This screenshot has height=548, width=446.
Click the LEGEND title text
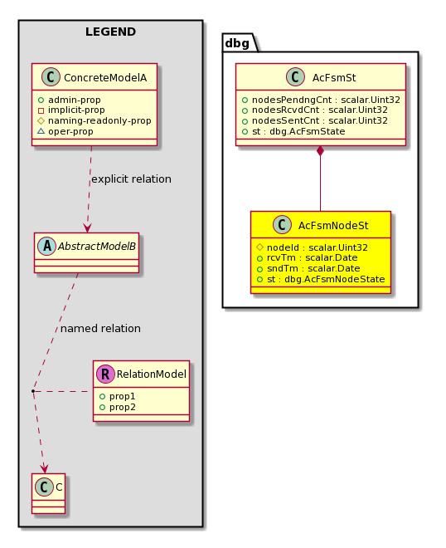[x=110, y=32]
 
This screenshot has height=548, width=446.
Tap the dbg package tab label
[x=237, y=43]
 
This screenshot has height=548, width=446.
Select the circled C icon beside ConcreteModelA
[x=51, y=77]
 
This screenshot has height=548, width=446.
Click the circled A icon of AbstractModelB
[x=46, y=246]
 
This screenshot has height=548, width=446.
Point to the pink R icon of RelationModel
[x=105, y=374]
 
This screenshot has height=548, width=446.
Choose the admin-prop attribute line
[x=70, y=100]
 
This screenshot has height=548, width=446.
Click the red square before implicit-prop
[x=41, y=110]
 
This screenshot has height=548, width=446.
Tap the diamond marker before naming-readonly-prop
[x=41, y=121]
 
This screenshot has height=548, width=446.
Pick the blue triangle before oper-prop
[x=41, y=131]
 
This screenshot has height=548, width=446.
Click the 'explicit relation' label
[x=131, y=179]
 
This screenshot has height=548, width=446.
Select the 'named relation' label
[x=100, y=329]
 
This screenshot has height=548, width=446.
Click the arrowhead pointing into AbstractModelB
[x=87, y=228]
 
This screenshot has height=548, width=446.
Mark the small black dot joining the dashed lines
[x=33, y=391]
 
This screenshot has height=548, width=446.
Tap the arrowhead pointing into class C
[x=44, y=468]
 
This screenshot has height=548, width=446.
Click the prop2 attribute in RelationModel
[x=118, y=407]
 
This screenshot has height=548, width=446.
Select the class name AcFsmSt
[x=334, y=77]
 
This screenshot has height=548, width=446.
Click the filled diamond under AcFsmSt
[x=320, y=151]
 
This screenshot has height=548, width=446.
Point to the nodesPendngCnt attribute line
[x=321, y=100]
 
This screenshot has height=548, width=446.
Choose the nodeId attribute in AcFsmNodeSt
[x=312, y=247]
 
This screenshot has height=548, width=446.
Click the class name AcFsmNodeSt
[x=333, y=225]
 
